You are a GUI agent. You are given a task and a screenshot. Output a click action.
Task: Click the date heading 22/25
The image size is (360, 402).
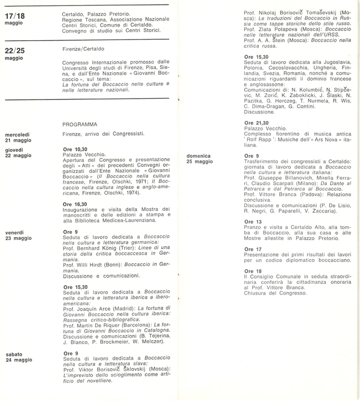point(15,52)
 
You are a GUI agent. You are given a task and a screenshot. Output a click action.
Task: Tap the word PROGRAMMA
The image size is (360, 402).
point(80,124)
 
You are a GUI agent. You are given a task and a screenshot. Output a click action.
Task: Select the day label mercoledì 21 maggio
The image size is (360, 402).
point(18,137)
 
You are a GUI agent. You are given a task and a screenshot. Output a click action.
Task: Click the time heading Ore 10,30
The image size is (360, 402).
point(74,149)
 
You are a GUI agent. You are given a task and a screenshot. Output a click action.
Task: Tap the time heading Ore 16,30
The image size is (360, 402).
point(74,204)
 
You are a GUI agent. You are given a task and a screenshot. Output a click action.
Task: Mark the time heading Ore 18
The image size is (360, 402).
point(252,271)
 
